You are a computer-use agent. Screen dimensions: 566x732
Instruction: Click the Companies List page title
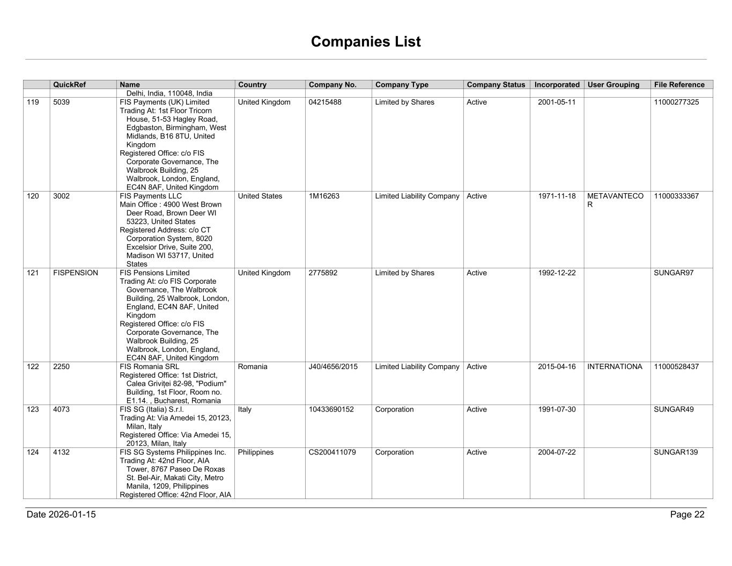(x=366, y=42)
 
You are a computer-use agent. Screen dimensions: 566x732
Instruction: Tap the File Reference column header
(x=679, y=85)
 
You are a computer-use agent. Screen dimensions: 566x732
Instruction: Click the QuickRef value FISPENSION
(x=76, y=273)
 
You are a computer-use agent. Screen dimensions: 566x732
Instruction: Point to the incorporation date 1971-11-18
(x=557, y=196)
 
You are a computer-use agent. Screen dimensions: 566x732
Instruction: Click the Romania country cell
(x=253, y=367)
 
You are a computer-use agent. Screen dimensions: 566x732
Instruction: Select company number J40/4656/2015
(x=333, y=367)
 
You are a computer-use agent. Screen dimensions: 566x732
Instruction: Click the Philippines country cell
(x=256, y=452)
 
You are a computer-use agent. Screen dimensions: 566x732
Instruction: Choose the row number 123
(x=33, y=409)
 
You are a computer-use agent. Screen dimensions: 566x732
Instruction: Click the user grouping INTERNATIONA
(x=615, y=367)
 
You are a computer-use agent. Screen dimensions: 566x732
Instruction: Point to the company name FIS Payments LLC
(x=151, y=196)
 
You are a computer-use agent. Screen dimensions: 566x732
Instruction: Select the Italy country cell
(x=245, y=409)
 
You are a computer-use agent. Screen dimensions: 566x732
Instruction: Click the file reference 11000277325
(x=676, y=102)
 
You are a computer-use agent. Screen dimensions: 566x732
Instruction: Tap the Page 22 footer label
(x=687, y=514)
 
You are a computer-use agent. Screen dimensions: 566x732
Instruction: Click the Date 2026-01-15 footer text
(x=61, y=514)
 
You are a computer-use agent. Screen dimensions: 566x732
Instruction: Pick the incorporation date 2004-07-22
(x=557, y=452)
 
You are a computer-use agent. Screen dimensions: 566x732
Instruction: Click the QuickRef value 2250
(x=61, y=367)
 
